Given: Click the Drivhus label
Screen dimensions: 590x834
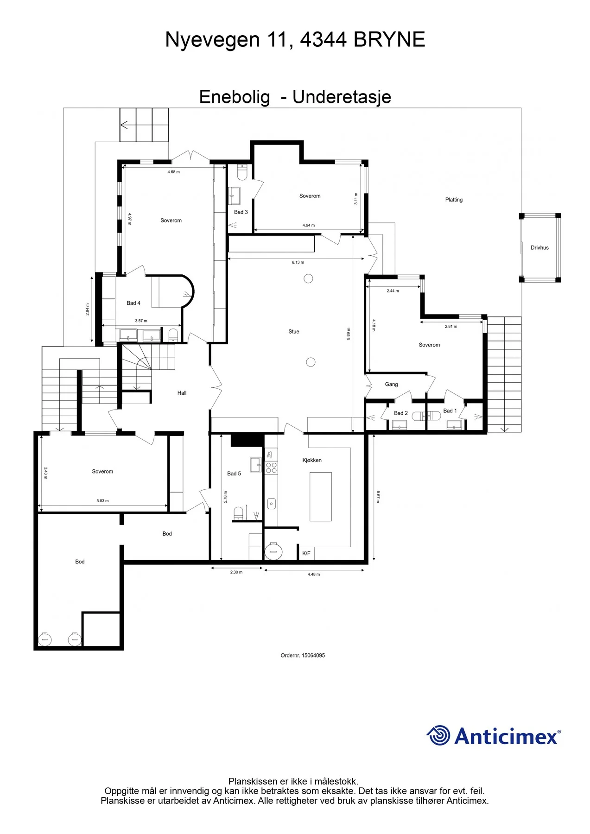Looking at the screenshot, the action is point(539,248).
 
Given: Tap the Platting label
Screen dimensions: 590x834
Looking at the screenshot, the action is point(454,200).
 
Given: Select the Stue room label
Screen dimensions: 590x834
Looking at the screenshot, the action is point(294,332).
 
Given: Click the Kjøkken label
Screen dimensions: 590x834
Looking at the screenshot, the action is point(312,460).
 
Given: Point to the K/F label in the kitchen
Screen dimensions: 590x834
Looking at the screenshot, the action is point(306,553).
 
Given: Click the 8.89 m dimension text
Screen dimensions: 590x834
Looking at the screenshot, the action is point(349,334).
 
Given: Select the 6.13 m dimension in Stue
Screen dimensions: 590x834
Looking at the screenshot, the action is point(298,262).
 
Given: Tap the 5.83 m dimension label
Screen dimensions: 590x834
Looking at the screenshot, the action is point(102,501).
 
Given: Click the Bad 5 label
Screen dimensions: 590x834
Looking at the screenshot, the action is point(234,474).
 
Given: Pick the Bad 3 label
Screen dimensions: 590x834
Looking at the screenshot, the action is point(241,212).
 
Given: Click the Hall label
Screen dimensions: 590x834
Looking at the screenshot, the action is point(182,393).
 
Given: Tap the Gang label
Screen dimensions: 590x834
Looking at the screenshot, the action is point(392,384).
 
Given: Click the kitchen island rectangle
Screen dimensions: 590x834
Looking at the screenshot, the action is point(321,497).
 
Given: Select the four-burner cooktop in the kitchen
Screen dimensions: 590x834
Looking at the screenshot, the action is point(272,468).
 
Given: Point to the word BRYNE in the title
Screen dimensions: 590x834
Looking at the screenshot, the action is point(389,40).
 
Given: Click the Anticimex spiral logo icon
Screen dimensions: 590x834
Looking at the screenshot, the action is point(438,735).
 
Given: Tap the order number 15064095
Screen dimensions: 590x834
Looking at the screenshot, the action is point(313,656).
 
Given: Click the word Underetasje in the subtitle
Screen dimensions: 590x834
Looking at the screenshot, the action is point(342,97).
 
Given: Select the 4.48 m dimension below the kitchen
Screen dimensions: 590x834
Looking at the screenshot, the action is point(314,575).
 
